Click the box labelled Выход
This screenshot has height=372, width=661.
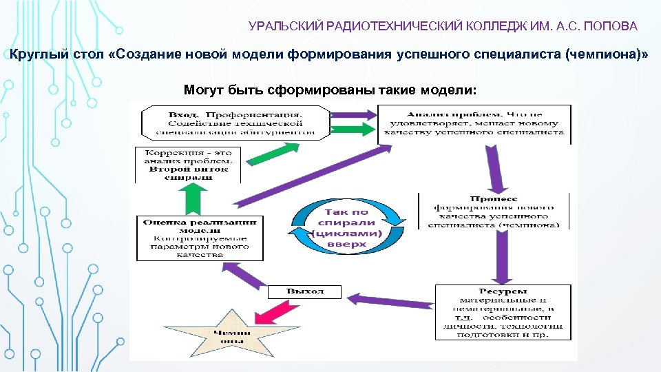click(x=305, y=291)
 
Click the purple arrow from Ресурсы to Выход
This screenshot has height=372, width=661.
click(x=392, y=299)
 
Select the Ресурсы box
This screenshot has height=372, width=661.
click(x=503, y=312)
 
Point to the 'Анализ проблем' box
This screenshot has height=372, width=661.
click(x=474, y=123)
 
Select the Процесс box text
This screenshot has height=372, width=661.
click(x=493, y=211)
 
